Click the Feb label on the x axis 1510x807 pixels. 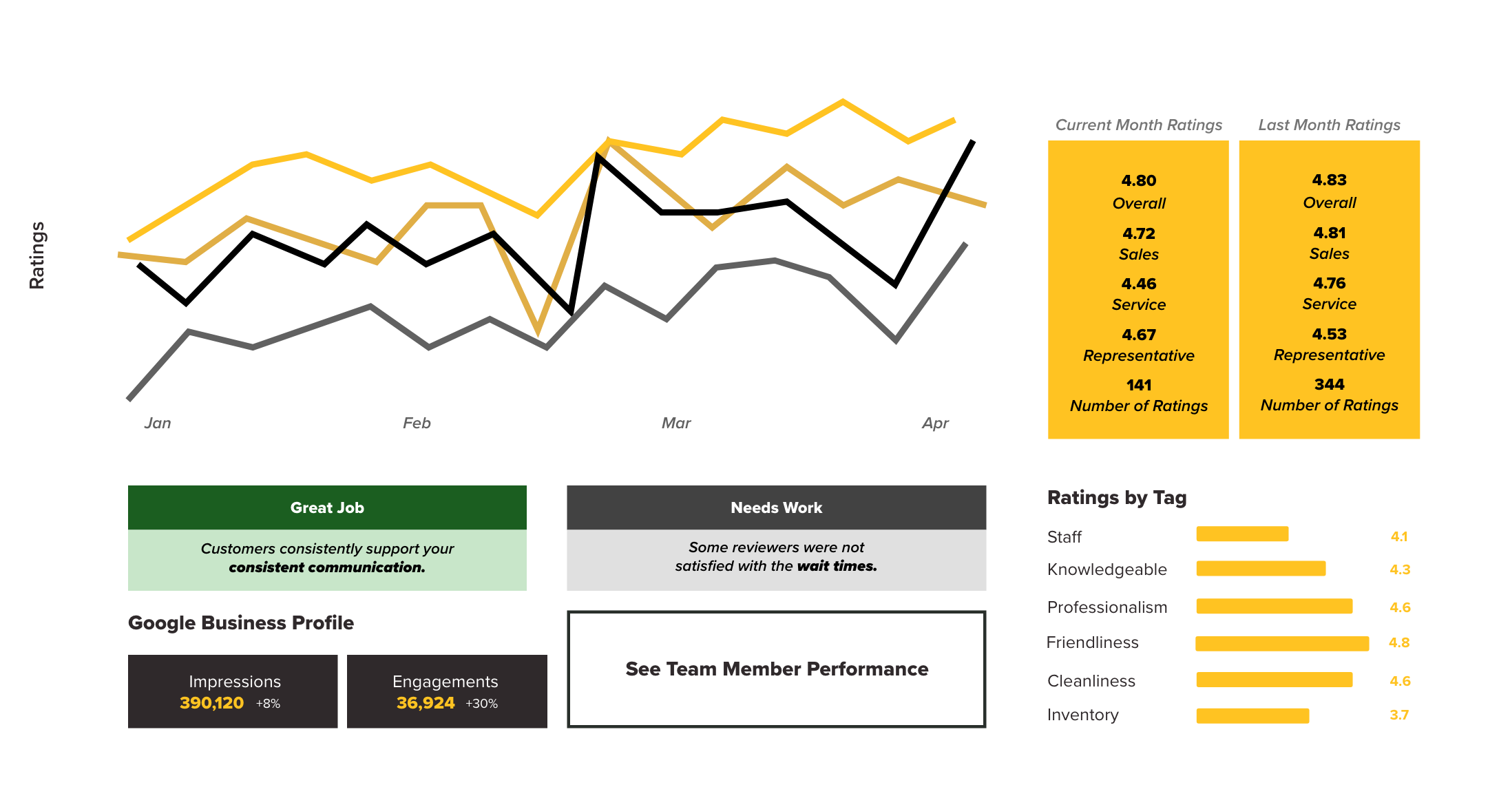(x=417, y=423)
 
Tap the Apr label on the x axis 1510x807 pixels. (x=935, y=423)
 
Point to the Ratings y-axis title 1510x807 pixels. (x=37, y=255)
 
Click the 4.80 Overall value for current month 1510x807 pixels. (x=1138, y=180)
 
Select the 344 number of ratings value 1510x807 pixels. (x=1329, y=384)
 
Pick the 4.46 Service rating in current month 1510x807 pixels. (x=1138, y=284)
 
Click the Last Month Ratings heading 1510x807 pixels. (x=1329, y=125)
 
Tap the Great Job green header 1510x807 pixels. (x=327, y=507)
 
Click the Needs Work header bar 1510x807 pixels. (x=776, y=507)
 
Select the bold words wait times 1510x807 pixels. (x=837, y=566)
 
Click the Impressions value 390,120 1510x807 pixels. (x=211, y=703)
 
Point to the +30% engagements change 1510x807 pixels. (x=481, y=704)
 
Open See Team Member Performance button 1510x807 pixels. (x=776, y=669)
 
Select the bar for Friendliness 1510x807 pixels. (x=1282, y=643)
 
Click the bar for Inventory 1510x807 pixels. (x=1252, y=715)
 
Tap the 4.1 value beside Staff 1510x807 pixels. (x=1398, y=536)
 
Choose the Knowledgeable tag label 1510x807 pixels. (x=1107, y=569)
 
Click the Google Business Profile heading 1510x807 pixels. (x=241, y=623)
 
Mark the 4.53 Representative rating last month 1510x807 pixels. (x=1329, y=334)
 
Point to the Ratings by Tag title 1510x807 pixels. (x=1116, y=498)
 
